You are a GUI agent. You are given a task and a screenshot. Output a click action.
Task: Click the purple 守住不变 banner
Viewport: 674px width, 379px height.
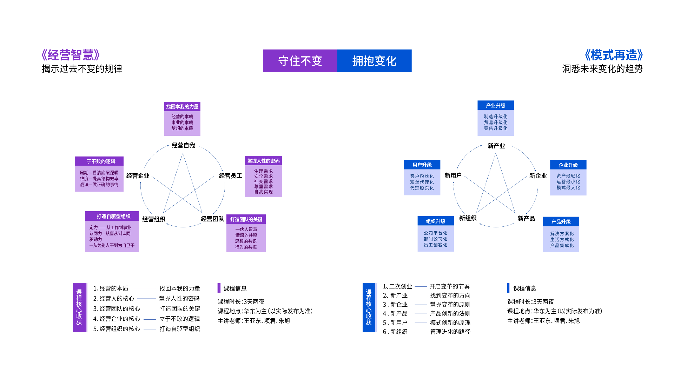click(300, 61)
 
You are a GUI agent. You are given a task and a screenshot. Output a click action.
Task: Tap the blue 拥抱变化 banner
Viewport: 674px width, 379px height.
click(375, 61)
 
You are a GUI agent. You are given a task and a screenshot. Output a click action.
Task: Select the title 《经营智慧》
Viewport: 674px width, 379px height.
click(71, 55)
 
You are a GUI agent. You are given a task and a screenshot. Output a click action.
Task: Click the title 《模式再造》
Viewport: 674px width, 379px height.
click(614, 55)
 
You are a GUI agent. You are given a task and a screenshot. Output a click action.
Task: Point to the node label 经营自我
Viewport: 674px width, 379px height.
click(183, 145)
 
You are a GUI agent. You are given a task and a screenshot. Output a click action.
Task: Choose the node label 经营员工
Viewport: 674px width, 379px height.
click(231, 175)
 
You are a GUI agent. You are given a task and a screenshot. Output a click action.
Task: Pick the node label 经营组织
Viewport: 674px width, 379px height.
click(154, 219)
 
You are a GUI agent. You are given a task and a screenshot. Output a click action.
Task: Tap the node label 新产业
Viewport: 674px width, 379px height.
click(496, 146)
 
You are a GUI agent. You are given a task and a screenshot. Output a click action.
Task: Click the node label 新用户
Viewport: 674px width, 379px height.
click(453, 175)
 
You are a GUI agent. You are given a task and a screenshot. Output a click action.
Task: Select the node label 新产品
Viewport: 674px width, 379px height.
click(526, 219)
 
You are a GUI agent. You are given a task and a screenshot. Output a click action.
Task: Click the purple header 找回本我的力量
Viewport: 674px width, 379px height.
click(182, 107)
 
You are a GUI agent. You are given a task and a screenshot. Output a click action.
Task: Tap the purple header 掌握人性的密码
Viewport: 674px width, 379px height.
click(263, 161)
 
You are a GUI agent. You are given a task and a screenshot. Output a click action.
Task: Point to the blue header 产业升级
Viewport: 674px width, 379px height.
click(496, 105)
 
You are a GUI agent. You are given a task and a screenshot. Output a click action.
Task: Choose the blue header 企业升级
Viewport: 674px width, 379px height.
click(568, 165)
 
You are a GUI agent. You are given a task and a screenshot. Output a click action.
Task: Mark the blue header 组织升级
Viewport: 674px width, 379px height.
click(436, 221)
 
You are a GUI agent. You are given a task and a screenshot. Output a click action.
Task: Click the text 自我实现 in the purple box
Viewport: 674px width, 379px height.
click(263, 192)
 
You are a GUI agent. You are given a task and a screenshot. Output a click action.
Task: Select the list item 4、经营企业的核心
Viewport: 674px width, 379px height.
click(117, 319)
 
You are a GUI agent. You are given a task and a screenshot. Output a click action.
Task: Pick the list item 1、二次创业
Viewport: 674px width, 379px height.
click(397, 286)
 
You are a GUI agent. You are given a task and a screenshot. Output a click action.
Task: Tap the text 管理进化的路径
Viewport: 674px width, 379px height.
click(450, 332)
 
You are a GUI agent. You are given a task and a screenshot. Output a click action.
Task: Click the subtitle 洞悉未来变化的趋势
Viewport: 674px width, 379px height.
click(602, 69)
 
